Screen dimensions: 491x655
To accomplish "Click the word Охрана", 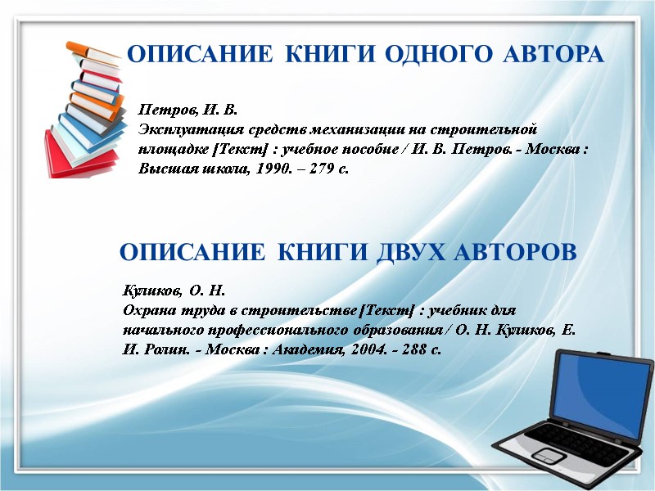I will pyautogui.click(x=145, y=310).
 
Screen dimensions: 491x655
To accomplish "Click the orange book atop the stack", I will pyautogui.click(x=91, y=52).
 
